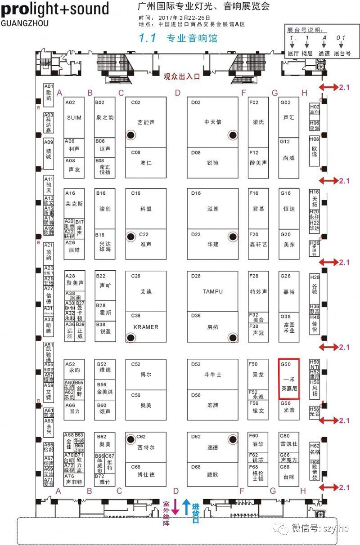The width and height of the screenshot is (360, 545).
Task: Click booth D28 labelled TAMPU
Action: pos(212,291)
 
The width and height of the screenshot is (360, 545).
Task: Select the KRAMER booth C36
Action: pos(146,327)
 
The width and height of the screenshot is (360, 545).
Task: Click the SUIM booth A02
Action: pos(74,118)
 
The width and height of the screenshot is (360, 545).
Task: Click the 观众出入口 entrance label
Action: pos(181,76)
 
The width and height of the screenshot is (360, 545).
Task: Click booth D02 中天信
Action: pos(212,122)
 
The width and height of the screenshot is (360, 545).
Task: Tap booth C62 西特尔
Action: pos(146,447)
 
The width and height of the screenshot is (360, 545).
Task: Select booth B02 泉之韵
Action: pos(105,117)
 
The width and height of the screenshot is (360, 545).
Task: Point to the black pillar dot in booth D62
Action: pos(233,439)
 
